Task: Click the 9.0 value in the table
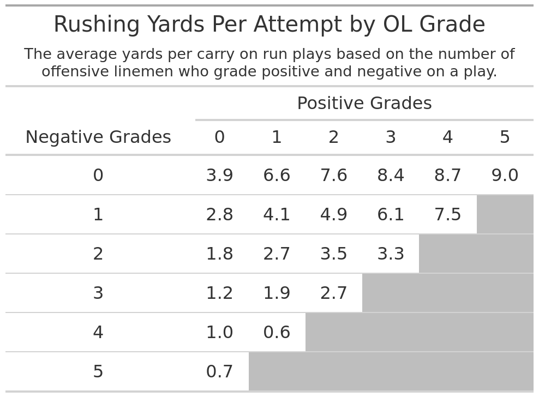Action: tap(505, 176)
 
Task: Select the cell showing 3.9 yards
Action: tap(219, 176)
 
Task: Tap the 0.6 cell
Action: tap(277, 333)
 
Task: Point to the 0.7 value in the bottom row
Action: tap(219, 372)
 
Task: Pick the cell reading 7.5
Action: tap(447, 215)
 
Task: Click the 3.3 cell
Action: tap(391, 254)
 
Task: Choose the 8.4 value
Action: tap(391, 176)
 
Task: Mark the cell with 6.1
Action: tap(391, 215)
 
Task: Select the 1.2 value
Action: tap(219, 293)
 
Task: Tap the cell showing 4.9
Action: tap(333, 215)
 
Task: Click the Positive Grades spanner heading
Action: tap(364, 104)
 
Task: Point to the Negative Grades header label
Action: tap(98, 137)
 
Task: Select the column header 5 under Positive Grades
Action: tap(505, 137)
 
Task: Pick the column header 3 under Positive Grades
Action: tap(391, 137)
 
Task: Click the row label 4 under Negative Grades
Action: tap(98, 333)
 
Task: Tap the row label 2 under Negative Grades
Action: tap(98, 254)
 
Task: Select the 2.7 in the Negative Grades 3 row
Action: tap(333, 293)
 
